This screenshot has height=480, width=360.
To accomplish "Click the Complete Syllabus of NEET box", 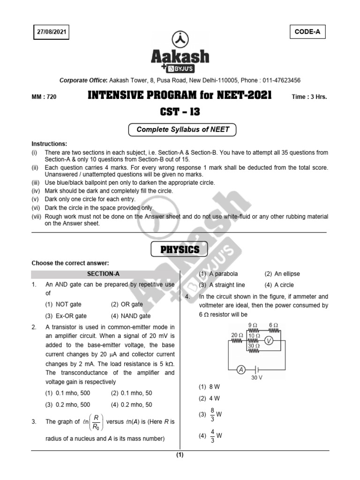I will pos(182,129).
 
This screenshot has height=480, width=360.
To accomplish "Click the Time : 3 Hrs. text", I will pos(309,97).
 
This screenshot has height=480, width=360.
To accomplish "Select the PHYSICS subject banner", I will pos(180,250).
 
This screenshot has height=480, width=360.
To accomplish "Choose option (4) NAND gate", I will pos(131,316).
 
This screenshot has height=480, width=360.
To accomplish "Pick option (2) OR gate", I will pos(127,304).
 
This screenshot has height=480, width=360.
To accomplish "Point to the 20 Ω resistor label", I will pos(237,335).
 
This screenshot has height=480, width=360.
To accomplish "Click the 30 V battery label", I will pos(257,377).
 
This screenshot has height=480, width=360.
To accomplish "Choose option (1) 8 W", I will pos(209,387).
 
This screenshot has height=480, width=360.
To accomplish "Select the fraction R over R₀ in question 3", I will pos(96,421).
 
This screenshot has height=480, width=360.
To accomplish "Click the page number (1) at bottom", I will pos(180,455).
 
